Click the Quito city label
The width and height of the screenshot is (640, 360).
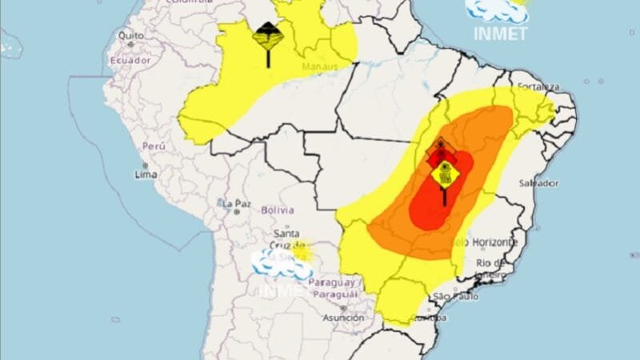[x=131, y=36]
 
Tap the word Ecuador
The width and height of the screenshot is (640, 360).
[x=130, y=60]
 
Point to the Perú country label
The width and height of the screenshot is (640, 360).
[x=153, y=146]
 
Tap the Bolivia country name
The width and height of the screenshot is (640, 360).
[x=278, y=210]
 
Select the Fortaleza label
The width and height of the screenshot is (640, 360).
[x=538, y=86]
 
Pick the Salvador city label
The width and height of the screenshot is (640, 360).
[x=538, y=183]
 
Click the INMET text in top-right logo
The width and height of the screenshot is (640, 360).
[x=499, y=34]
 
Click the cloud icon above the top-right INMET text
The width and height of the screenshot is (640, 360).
[x=496, y=10]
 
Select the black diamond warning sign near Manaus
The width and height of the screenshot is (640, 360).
[x=266, y=35]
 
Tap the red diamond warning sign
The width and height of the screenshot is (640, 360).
[x=441, y=150]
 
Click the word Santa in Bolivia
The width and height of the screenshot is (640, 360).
[x=287, y=233]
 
